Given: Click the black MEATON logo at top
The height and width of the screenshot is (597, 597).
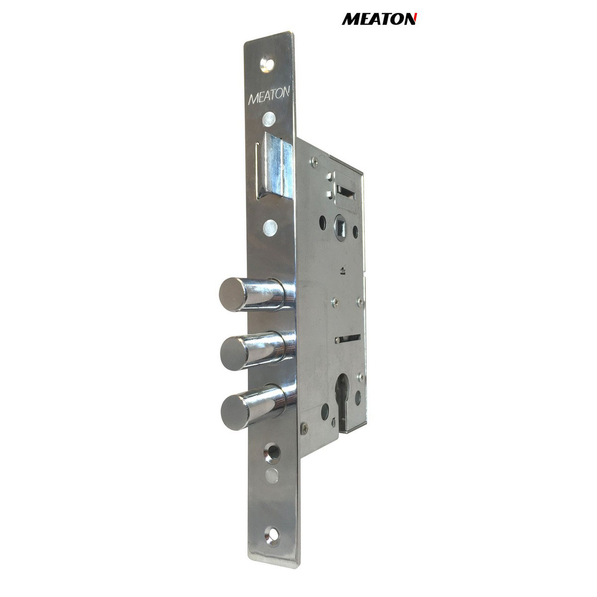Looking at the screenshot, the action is click(380, 19).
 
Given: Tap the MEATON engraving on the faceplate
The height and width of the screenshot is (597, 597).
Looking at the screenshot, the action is click(269, 96).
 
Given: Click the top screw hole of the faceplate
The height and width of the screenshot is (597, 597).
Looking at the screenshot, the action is click(267, 64).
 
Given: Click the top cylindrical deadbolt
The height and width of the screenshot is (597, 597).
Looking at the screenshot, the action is click(257, 295).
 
